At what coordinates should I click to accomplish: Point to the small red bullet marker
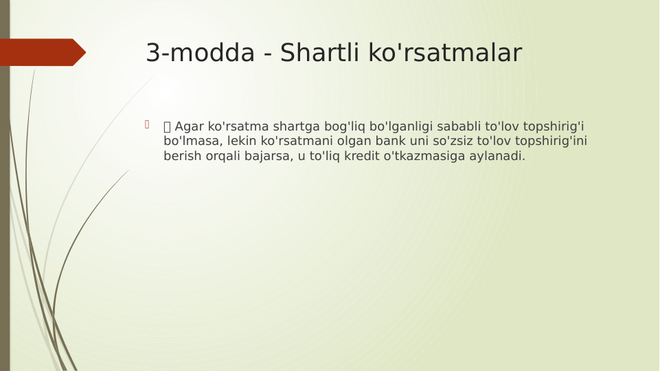pos(146,124)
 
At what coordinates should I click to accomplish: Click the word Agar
pos(189,126)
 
